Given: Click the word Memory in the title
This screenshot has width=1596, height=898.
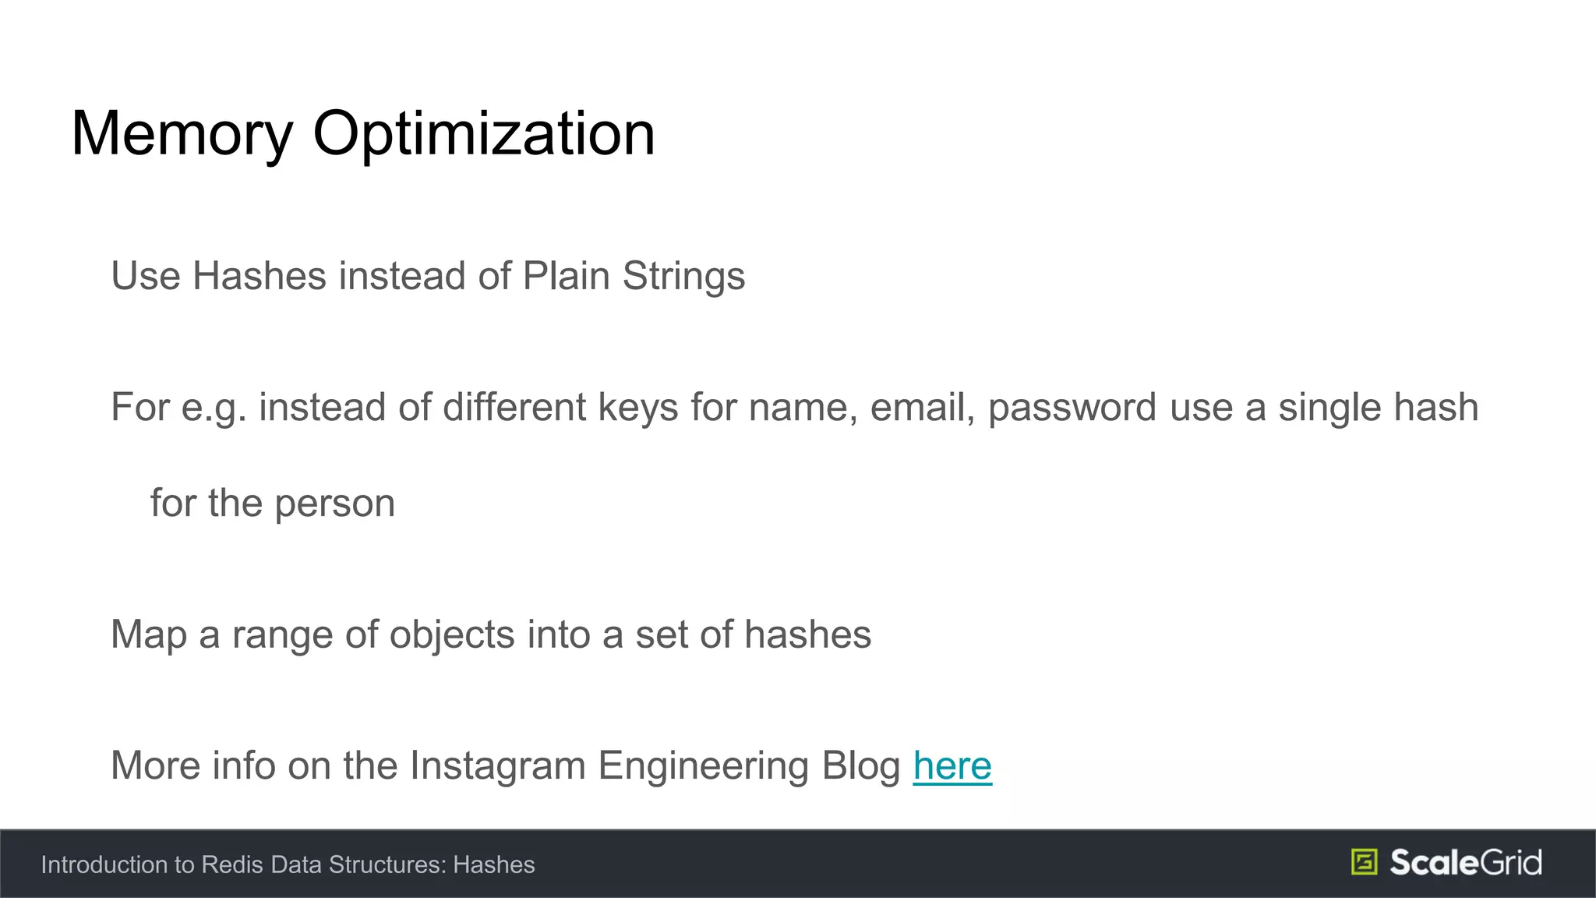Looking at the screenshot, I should click(182, 134).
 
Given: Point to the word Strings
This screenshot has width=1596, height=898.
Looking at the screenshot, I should click(683, 278).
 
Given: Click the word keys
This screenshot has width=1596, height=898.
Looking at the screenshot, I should click(637, 408).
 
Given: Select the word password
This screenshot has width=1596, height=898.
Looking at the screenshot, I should click(1072, 408).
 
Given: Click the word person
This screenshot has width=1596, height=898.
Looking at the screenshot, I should click(334, 504).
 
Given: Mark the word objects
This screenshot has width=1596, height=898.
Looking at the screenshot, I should click(452, 635).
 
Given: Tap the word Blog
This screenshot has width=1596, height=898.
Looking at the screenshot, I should click(861, 766).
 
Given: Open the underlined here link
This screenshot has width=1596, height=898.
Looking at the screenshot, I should click(952, 766).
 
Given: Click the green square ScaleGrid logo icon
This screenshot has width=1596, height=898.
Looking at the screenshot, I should click(1364, 862).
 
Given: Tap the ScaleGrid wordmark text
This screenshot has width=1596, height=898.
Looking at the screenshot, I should click(1466, 862).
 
